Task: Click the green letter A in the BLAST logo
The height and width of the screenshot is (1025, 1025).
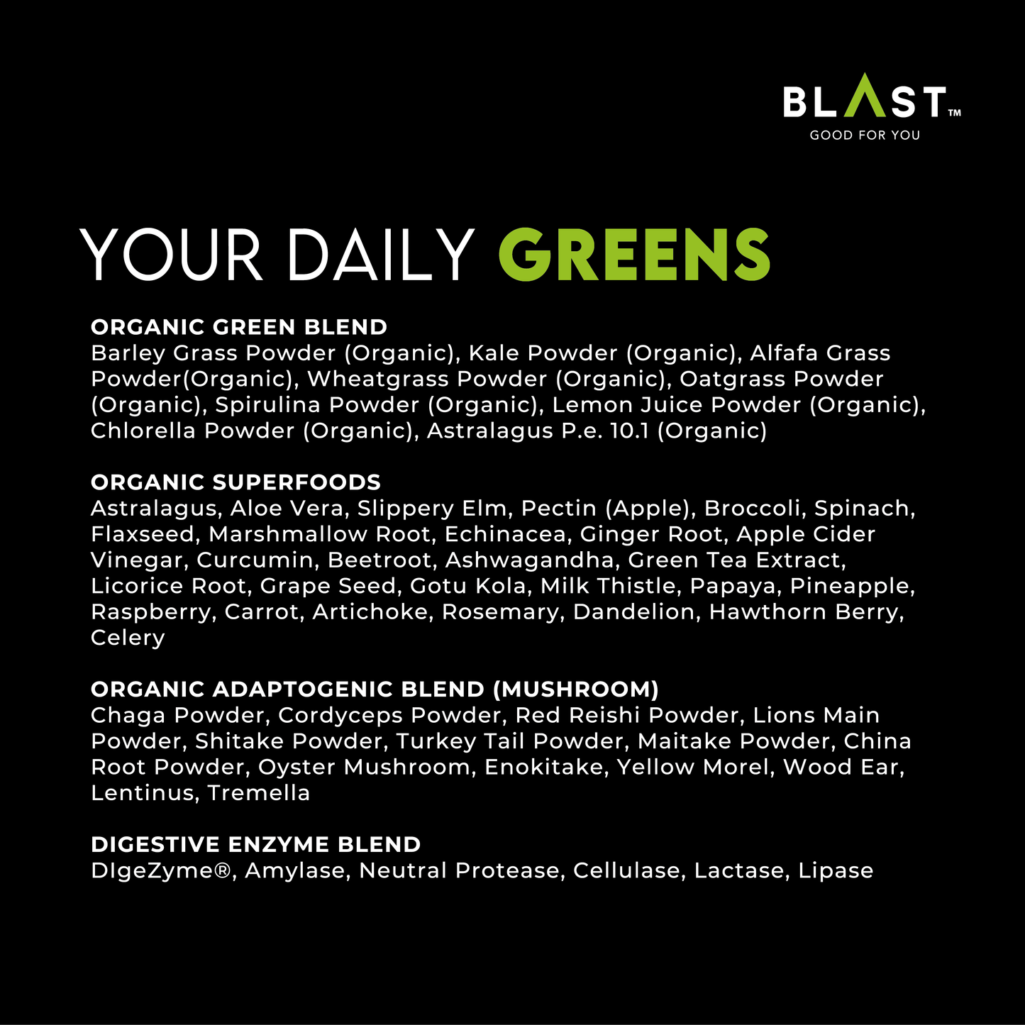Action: point(865,96)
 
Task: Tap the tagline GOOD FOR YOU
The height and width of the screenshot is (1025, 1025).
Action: point(865,135)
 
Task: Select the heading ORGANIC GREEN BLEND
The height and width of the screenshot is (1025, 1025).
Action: point(239,327)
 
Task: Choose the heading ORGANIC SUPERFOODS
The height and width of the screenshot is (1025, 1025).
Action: point(236,482)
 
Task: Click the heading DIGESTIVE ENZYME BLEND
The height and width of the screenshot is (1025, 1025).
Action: point(256,845)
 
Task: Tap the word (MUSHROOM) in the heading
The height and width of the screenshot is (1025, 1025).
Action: point(575,689)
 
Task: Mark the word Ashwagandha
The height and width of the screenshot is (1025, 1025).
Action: point(529,560)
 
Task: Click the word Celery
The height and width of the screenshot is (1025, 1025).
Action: point(128,638)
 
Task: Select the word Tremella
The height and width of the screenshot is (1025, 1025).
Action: point(258,793)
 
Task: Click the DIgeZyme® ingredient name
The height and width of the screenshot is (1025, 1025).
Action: point(162,871)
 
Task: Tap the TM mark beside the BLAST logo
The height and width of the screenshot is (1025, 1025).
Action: point(954,113)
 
